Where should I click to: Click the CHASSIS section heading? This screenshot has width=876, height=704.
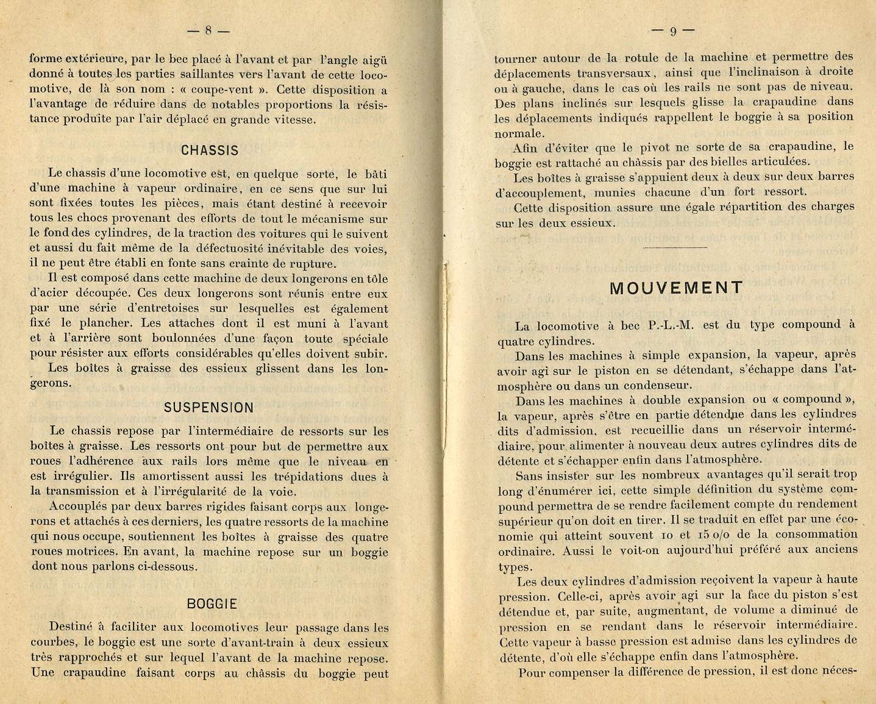pos(210,151)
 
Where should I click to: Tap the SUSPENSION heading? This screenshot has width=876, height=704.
pos(208,408)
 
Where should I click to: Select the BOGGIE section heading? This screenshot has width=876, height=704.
pos(212,604)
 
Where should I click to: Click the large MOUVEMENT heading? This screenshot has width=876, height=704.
pos(676,288)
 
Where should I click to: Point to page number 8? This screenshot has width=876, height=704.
pos(208,30)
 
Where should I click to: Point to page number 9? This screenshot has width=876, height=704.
pos(673,31)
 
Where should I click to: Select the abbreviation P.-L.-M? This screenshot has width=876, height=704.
pos(672,325)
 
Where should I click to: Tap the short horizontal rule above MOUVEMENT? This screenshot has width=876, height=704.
pos(675,248)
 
